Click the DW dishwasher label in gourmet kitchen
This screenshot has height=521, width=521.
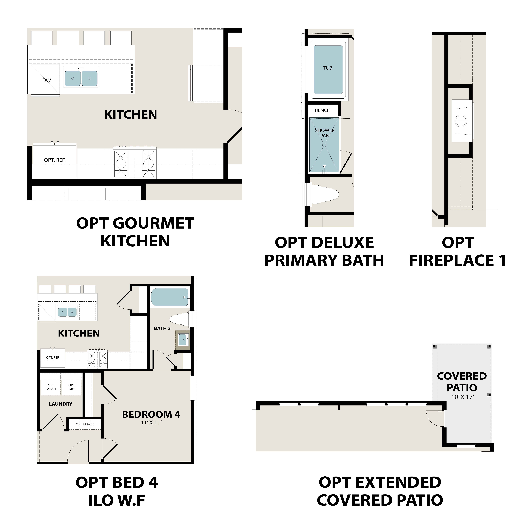(46, 80)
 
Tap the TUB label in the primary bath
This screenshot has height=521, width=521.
(328, 68)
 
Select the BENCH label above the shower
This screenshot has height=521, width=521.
(322, 110)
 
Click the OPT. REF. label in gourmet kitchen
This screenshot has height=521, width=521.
(55, 160)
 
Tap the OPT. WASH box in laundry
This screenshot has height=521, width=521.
(51, 387)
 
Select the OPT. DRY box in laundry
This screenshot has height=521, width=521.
(72, 387)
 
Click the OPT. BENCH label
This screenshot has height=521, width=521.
(85, 424)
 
